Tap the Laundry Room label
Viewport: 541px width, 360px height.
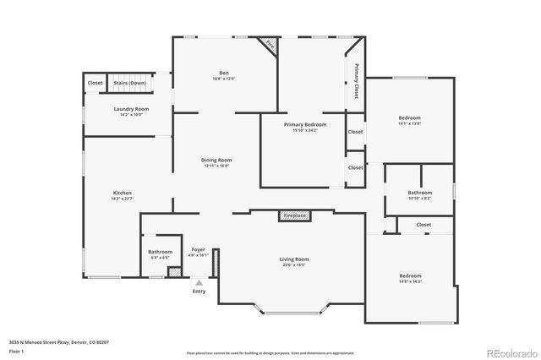pos(131,110)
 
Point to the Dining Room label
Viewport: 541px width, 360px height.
pos(216,160)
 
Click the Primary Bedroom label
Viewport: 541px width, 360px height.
pos(304,125)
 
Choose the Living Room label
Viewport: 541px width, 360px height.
pos(294,259)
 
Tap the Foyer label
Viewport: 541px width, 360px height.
pos(199,250)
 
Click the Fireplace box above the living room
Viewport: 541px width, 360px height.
pos(294,216)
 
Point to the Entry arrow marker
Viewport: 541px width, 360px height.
pos(199,283)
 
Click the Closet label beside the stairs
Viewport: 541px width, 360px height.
pos(95,83)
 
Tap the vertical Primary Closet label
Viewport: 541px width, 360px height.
pos(357,81)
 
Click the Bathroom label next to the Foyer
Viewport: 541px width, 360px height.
pos(161,252)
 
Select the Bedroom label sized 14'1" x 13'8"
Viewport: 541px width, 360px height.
pos(410,118)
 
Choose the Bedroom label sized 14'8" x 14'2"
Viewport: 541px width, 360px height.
pos(410,276)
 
